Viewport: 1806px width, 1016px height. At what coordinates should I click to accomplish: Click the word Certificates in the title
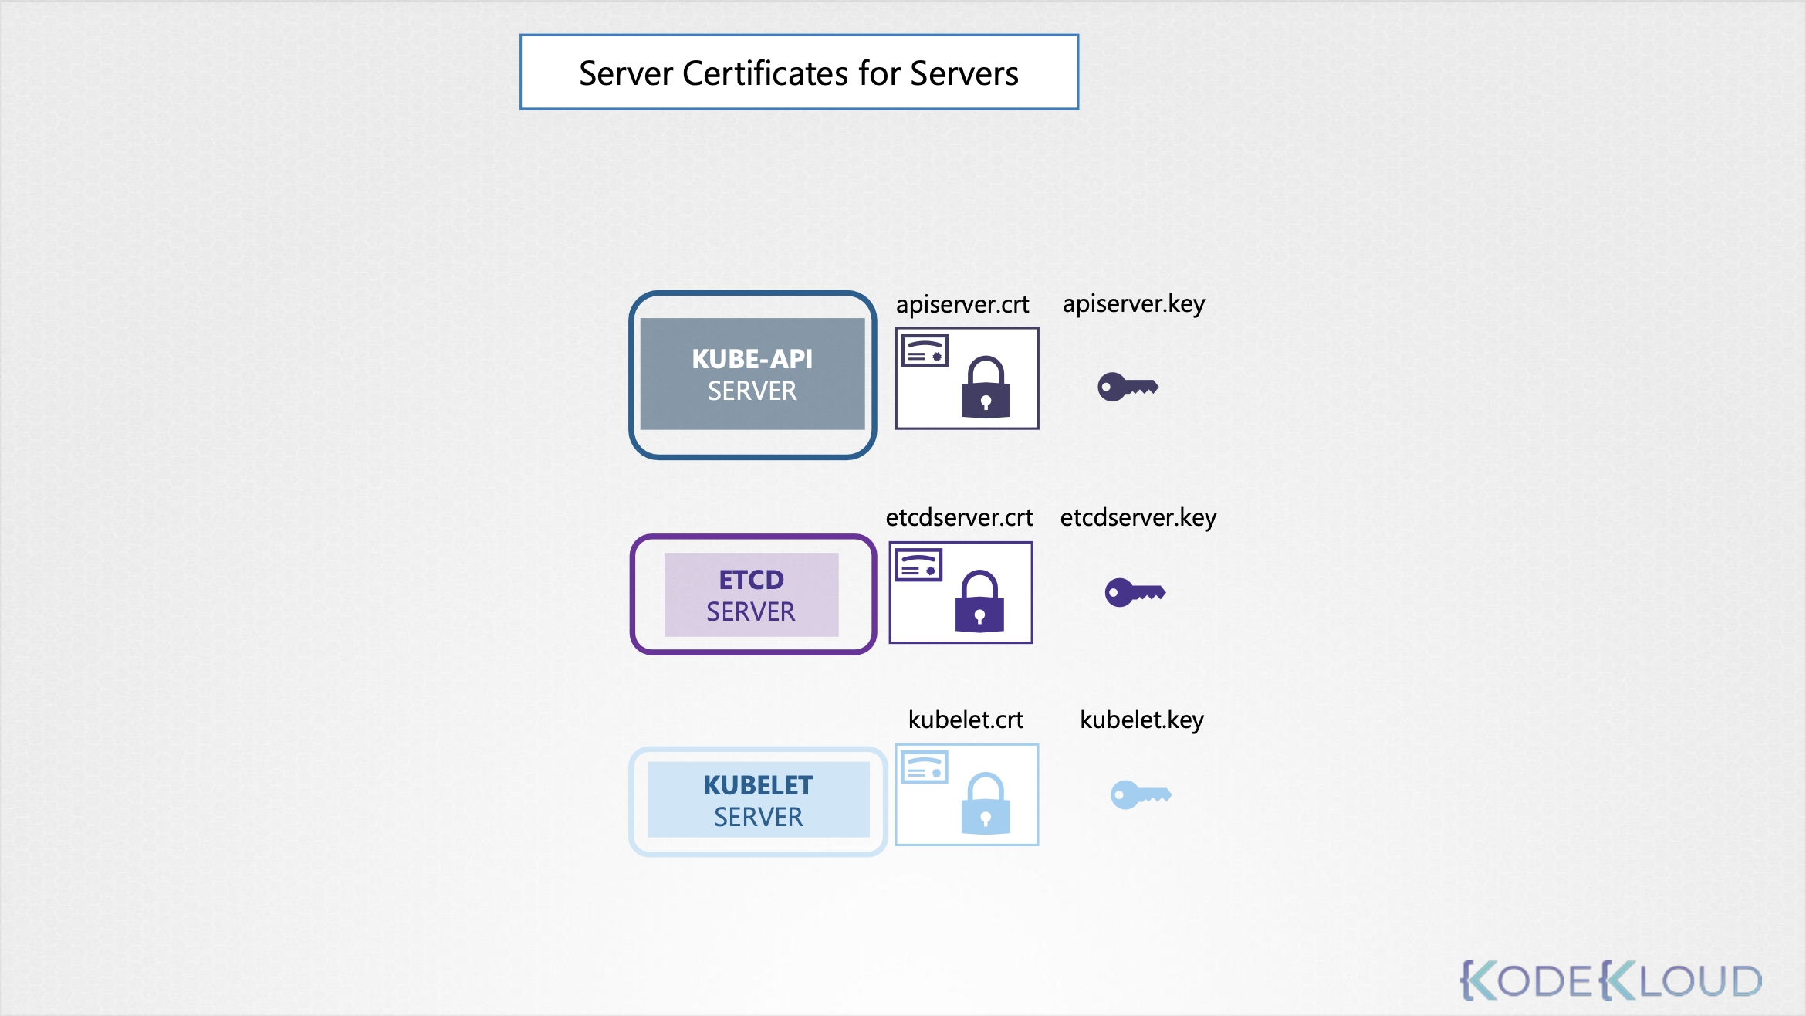click(765, 74)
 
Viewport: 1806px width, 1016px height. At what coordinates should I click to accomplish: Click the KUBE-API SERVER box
click(752, 374)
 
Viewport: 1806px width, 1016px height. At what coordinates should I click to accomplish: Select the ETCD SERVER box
click(752, 594)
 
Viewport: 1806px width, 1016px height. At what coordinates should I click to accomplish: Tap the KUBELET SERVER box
click(758, 800)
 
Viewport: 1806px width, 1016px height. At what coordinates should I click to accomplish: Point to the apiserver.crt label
click(962, 305)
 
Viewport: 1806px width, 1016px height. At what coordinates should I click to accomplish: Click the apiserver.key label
click(1133, 304)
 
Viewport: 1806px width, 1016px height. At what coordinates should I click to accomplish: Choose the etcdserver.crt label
click(959, 517)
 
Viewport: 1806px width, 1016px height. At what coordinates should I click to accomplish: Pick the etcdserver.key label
click(1138, 517)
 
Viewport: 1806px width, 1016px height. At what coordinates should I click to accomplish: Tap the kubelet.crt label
click(966, 720)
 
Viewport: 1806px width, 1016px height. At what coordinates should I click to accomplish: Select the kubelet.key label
click(1141, 720)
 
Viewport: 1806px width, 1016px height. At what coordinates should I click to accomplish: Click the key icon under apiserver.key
click(1128, 386)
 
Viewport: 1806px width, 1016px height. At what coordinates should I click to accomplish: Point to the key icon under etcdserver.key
click(1135, 592)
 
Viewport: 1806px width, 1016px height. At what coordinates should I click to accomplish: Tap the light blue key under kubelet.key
click(1141, 794)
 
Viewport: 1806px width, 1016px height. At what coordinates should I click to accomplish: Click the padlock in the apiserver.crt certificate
click(986, 388)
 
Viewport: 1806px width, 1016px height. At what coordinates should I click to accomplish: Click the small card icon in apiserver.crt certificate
click(925, 351)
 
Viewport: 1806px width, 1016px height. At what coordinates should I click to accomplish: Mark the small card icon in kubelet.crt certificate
click(925, 767)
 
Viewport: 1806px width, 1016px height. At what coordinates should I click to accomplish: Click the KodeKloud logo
click(1611, 980)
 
